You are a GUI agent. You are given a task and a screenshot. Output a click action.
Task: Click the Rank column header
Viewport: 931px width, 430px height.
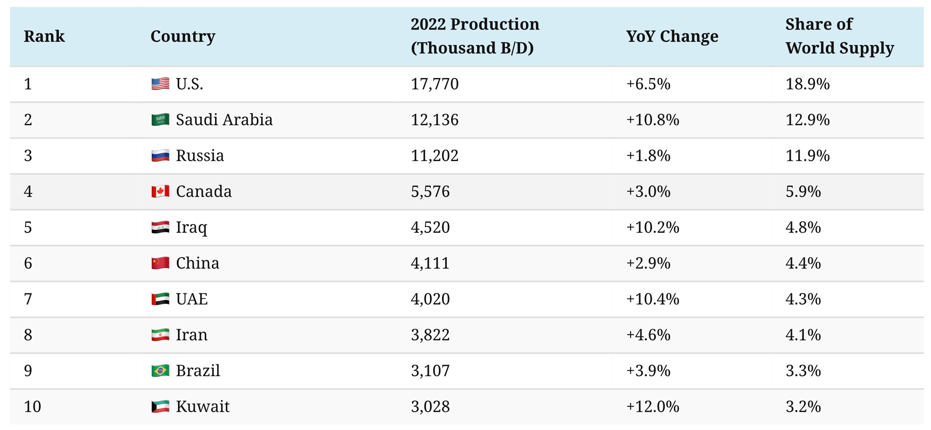(44, 36)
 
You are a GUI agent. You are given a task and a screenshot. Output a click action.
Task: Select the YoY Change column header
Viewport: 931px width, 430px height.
(672, 36)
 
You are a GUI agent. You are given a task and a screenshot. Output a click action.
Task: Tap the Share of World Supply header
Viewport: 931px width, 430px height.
(839, 36)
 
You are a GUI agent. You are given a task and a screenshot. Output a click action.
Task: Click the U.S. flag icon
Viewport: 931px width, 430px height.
(160, 84)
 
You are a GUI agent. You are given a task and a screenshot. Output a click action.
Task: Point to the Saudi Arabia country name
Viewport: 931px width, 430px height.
(224, 120)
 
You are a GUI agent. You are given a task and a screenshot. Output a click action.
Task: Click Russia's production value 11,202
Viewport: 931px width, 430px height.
(434, 156)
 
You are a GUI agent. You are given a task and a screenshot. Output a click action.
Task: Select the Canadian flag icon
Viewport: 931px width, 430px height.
(160, 192)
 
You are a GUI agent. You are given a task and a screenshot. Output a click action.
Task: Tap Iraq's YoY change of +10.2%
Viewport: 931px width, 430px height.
(653, 228)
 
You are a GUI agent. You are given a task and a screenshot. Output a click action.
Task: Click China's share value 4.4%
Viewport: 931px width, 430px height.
(803, 263)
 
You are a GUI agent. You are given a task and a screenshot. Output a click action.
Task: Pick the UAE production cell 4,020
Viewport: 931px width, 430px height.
(430, 299)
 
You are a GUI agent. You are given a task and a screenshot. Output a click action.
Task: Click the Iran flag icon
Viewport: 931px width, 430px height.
(160, 335)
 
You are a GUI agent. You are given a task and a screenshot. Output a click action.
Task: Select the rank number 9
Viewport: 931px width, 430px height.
(28, 371)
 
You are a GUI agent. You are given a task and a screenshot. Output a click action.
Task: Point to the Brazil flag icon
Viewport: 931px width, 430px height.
(160, 371)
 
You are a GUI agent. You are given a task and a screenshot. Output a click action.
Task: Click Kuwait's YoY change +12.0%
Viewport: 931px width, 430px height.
(653, 407)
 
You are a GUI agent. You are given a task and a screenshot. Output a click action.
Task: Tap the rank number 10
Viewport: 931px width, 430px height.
(33, 407)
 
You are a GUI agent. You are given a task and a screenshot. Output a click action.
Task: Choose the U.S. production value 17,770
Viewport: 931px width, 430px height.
(434, 84)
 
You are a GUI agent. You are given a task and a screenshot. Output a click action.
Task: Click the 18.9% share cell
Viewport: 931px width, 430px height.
(808, 84)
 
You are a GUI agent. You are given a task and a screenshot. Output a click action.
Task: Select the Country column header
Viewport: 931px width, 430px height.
(183, 36)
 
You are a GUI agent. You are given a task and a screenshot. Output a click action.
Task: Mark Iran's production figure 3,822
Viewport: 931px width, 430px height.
(430, 335)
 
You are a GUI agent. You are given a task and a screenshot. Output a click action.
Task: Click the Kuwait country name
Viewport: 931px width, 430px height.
(203, 407)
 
